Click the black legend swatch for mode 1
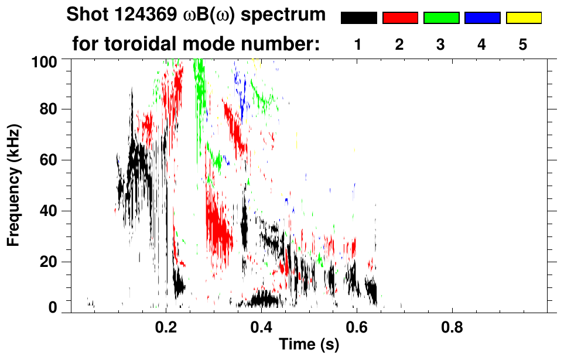358,18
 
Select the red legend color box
400,18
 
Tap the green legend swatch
441,18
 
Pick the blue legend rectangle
482,18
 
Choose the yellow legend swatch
523,18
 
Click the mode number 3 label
441,44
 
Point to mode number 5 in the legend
523,44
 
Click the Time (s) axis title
309,345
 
